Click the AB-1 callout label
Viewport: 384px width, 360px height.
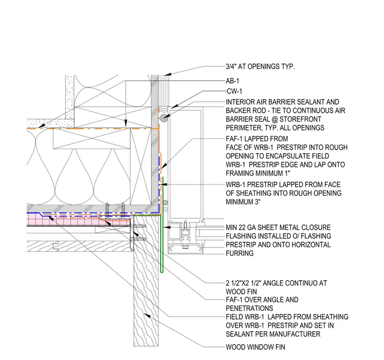click(x=232, y=81)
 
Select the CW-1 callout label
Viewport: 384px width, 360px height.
click(x=234, y=91)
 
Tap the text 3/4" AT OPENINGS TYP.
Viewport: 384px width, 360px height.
click(x=260, y=66)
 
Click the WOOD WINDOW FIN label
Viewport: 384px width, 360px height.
click(x=256, y=347)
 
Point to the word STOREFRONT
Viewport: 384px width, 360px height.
click(x=300, y=119)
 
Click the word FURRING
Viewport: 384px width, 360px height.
click(x=239, y=253)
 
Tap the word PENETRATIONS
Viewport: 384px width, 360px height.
click(x=249, y=308)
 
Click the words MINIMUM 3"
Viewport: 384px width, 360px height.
click(x=243, y=202)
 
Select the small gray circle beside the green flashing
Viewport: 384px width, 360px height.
click(x=166, y=203)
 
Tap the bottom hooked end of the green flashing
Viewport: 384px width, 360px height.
click(x=162, y=272)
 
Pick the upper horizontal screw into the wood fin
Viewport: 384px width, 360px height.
click(x=139, y=226)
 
